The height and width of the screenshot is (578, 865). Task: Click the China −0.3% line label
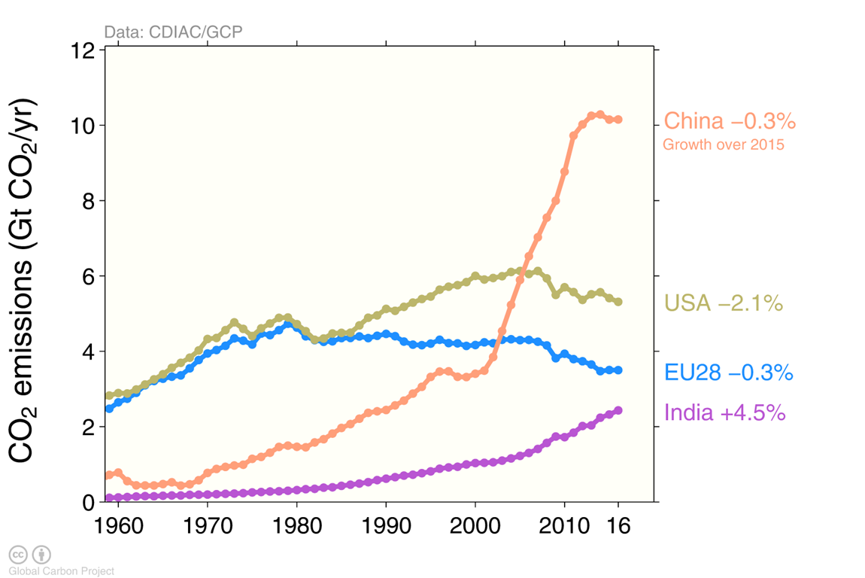click(x=730, y=121)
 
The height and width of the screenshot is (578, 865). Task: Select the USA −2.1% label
click(x=724, y=303)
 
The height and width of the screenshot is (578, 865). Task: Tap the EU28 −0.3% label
click(x=729, y=373)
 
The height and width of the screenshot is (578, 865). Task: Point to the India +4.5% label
click(x=725, y=412)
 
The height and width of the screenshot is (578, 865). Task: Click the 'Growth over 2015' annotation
click(x=724, y=144)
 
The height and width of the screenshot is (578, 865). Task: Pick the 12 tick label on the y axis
click(x=83, y=50)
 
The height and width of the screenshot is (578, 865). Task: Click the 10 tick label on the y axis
click(x=83, y=126)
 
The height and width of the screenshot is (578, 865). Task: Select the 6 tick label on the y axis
click(x=89, y=276)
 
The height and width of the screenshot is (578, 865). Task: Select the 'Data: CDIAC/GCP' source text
click(x=173, y=32)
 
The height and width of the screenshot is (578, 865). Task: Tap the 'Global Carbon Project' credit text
click(x=62, y=571)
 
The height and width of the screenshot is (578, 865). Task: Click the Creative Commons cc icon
click(x=18, y=555)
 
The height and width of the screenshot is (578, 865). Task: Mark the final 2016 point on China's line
click(x=618, y=120)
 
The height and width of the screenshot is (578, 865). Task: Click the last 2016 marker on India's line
click(x=618, y=410)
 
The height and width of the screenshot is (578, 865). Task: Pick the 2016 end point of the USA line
click(x=618, y=302)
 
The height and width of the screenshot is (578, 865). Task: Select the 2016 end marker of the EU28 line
click(x=618, y=370)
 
